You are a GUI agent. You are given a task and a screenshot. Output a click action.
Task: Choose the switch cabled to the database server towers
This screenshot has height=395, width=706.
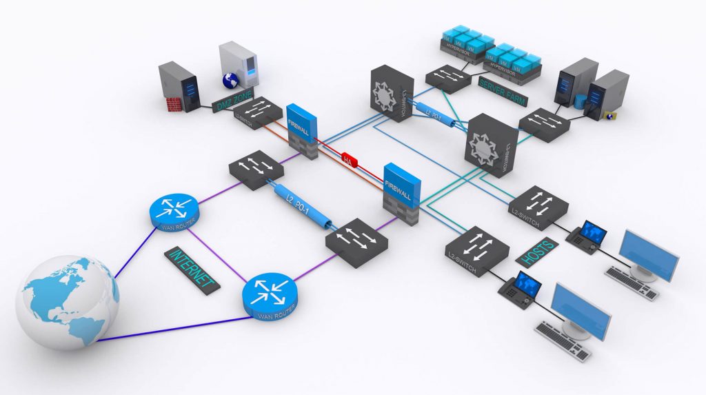545,124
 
